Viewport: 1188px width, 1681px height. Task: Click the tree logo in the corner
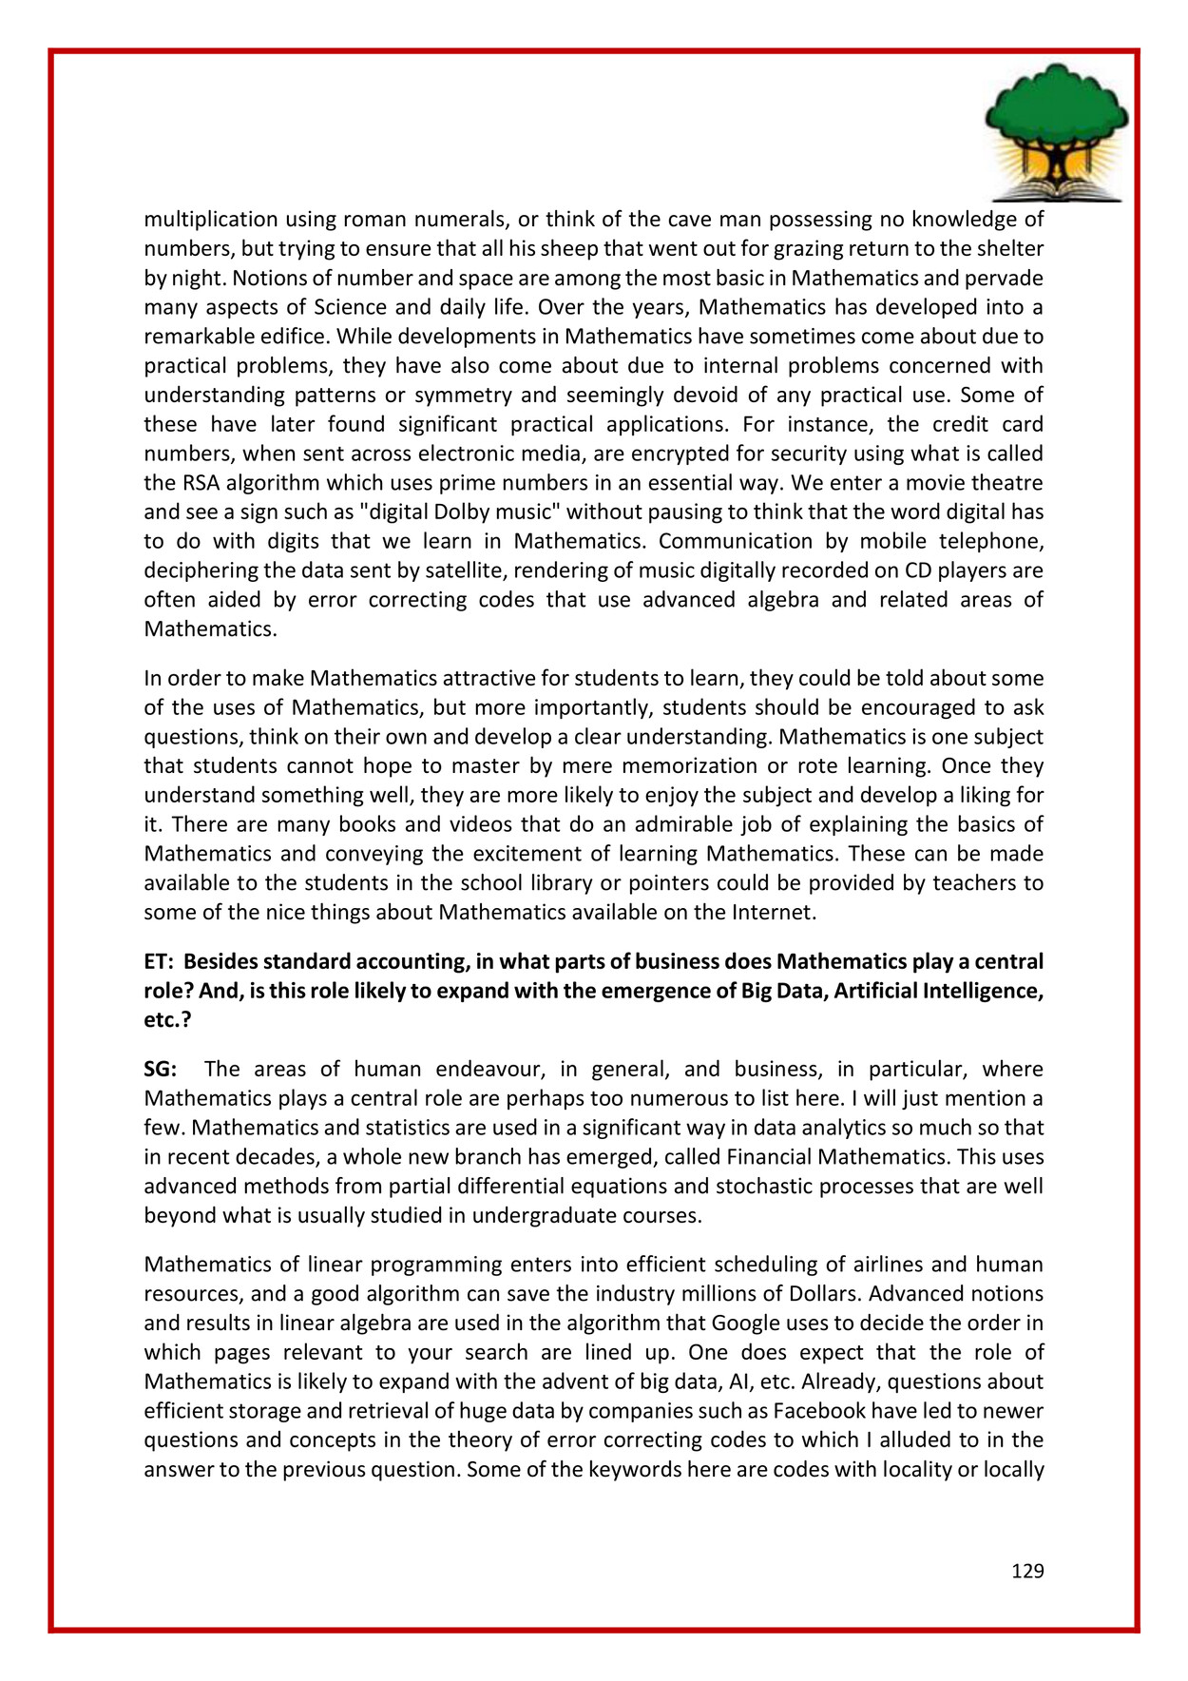point(1057,132)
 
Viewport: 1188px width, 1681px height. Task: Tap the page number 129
point(1027,1571)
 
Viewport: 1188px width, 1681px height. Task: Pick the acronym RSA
point(201,483)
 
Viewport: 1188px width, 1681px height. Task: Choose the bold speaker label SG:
point(160,1070)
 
